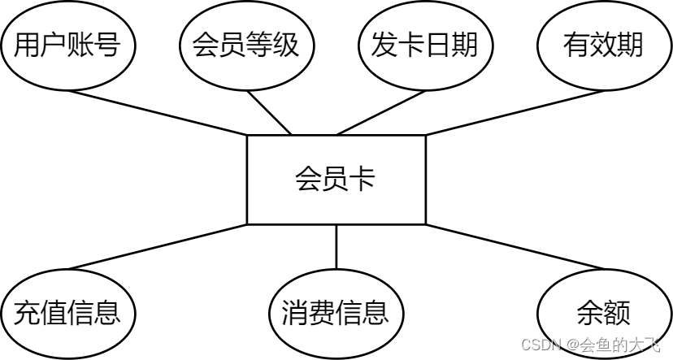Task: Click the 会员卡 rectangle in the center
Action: [336, 180]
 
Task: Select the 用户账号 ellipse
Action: [67, 46]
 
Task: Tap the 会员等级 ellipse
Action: [246, 46]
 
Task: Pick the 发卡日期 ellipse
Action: [425, 46]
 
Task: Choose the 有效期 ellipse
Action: [603, 46]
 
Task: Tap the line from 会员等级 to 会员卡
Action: [270, 112]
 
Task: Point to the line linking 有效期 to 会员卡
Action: [512, 112]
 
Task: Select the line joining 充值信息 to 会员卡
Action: [159, 246]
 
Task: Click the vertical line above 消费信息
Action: [336, 246]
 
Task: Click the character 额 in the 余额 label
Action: [617, 313]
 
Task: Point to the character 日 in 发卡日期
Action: [438, 46]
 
